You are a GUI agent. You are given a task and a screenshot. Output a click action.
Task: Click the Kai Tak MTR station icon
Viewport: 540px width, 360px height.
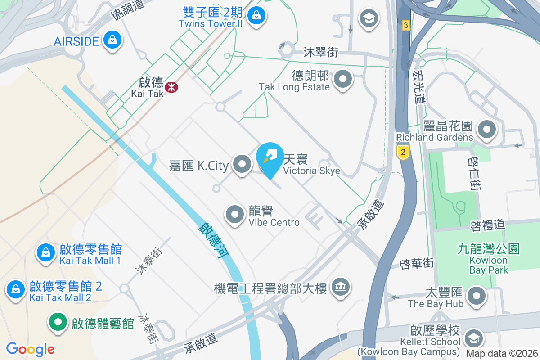[x=171, y=86]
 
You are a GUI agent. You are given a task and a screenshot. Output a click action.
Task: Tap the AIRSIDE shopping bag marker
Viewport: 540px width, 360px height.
[x=112, y=40]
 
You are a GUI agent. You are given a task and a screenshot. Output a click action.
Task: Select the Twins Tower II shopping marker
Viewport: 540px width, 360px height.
[x=256, y=15]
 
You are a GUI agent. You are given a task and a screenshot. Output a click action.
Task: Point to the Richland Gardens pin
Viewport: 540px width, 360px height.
[x=486, y=130]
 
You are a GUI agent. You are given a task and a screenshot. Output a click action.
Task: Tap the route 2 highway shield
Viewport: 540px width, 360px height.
[x=403, y=152]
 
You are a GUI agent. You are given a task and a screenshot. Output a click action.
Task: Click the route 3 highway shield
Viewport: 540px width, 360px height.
[x=406, y=25]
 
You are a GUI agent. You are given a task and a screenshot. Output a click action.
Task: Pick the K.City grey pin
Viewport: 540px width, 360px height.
[x=243, y=164]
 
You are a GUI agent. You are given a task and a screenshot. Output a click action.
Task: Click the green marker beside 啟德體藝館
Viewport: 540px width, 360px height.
[x=58, y=322]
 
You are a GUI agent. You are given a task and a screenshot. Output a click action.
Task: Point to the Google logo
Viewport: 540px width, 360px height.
[x=30, y=349]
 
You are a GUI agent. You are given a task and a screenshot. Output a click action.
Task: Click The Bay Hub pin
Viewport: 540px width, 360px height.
[x=477, y=296]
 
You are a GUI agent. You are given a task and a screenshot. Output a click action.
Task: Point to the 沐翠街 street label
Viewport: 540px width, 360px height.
[x=321, y=52]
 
